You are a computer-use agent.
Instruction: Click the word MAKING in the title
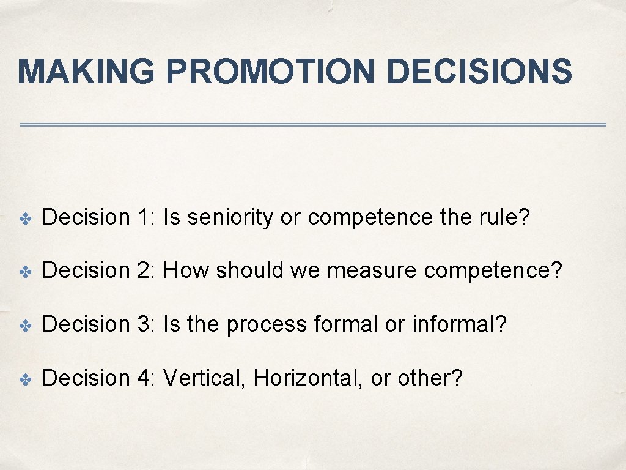tap(86, 72)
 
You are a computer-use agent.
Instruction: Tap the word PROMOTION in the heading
tap(270, 72)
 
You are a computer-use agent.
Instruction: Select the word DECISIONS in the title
tap(479, 72)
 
